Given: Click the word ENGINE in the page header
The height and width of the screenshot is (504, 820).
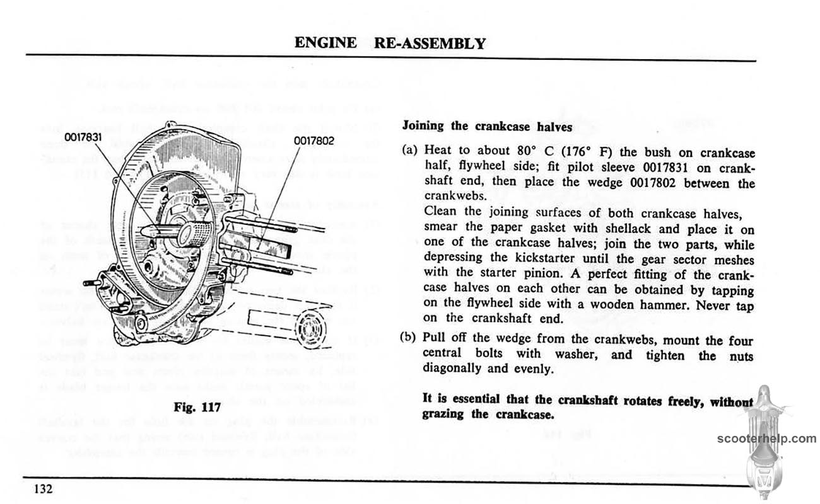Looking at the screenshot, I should pos(325,43).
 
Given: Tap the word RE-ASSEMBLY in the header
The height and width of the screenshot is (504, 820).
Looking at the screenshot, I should pos(430,43).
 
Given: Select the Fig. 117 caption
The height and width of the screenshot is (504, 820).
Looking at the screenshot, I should pos(197,407).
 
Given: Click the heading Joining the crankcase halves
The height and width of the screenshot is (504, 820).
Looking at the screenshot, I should pos(487,125).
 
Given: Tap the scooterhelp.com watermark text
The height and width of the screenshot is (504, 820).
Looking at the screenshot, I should pos(766,438).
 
